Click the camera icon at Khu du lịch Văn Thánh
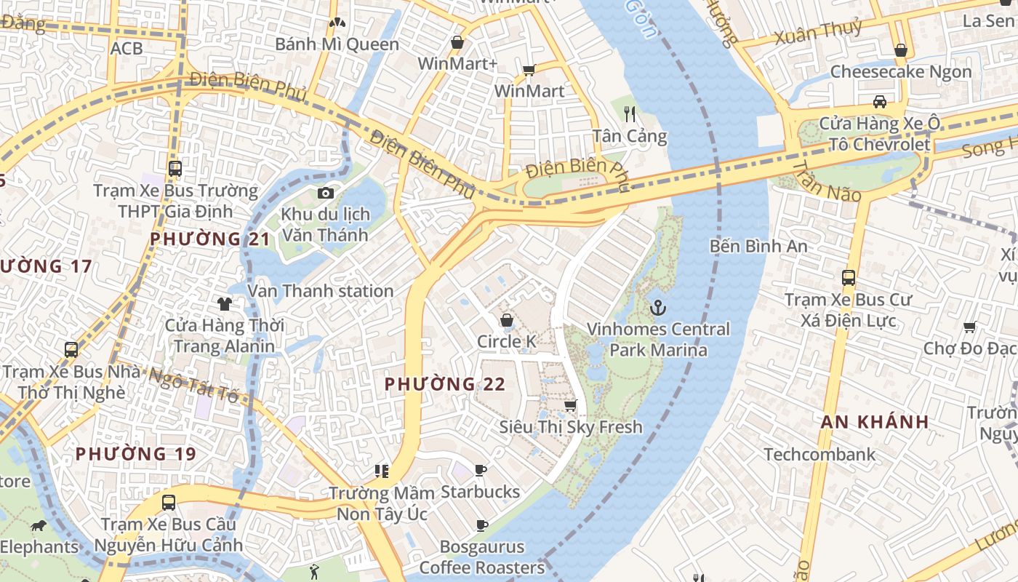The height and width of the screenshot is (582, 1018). pyautogui.click(x=325, y=193)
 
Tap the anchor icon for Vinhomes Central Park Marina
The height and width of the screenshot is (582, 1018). pyautogui.click(x=657, y=308)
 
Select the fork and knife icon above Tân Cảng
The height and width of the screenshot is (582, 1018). pyautogui.click(x=630, y=113)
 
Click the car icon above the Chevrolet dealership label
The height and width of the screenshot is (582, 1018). pyautogui.click(x=880, y=101)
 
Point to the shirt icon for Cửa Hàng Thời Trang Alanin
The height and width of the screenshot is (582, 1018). pyautogui.click(x=224, y=303)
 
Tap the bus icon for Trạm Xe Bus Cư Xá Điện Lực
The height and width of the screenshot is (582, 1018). pyautogui.click(x=848, y=277)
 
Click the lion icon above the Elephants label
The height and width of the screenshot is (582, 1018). pyautogui.click(x=38, y=525)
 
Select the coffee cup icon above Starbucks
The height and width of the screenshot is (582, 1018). pyautogui.click(x=480, y=470)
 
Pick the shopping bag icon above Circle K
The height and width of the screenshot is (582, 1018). pyautogui.click(x=507, y=320)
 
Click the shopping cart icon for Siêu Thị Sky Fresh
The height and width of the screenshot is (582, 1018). pyautogui.click(x=571, y=405)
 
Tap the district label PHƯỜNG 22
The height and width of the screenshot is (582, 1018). pyautogui.click(x=444, y=383)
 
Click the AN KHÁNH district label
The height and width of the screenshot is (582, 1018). pyautogui.click(x=875, y=421)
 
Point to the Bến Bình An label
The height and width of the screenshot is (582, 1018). pyautogui.click(x=758, y=246)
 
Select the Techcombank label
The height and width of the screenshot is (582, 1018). pyautogui.click(x=819, y=455)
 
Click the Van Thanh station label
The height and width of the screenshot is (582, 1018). pyautogui.click(x=321, y=291)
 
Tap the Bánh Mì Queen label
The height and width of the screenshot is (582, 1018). pyautogui.click(x=337, y=44)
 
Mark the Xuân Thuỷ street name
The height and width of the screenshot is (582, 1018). pyautogui.click(x=818, y=31)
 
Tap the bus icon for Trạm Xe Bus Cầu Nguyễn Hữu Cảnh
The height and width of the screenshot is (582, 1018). pyautogui.click(x=168, y=502)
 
